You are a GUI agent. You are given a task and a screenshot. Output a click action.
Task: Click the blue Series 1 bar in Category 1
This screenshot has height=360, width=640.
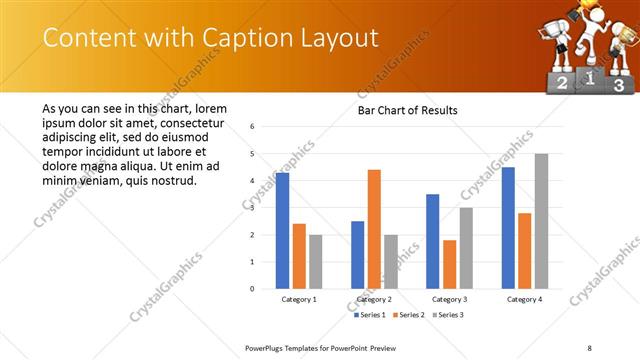pos(282,230)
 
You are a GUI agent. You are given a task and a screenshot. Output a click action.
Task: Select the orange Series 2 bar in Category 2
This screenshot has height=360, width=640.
pos(374,229)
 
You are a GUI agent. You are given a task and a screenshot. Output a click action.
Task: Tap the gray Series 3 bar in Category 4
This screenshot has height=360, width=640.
pos(541,221)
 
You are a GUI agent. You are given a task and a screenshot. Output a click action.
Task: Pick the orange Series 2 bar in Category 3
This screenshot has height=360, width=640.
pos(449,264)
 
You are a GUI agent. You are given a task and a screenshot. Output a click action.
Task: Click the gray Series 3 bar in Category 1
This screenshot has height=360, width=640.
pos(316,261)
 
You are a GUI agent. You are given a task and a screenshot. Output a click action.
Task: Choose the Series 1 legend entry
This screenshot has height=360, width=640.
pos(371,315)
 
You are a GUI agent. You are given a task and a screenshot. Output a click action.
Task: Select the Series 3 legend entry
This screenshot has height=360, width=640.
pos(447,315)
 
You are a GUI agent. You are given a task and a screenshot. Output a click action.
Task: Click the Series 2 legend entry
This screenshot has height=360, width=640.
pos(409,315)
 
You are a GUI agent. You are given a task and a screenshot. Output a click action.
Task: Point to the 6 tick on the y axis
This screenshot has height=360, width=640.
pos(253,127)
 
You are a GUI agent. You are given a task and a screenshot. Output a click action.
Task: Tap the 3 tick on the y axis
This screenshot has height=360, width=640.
pos(253,208)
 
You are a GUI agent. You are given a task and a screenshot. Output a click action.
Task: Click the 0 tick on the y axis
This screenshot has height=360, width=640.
pos(253,289)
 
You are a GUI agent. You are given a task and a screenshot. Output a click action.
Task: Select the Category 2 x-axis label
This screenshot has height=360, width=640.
pos(374,299)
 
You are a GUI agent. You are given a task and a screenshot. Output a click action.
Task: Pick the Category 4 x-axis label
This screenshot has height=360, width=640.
pos(524,299)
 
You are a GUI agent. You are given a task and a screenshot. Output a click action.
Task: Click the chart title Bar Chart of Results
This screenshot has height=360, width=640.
pos(407,110)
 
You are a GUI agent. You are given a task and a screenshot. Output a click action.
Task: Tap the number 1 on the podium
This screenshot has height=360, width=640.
pos(591,76)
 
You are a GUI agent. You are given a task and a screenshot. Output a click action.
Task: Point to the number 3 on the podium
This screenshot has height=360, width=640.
pos(618,86)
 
